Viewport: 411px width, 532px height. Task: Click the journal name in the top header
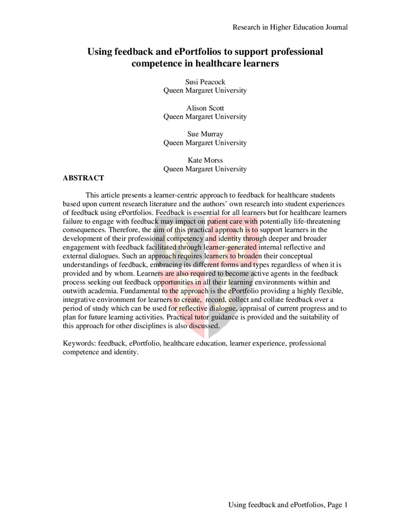point(290,27)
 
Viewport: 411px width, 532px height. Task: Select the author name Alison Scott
point(205,109)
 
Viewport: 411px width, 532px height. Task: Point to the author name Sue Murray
point(205,135)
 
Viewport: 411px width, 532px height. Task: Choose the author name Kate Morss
point(205,161)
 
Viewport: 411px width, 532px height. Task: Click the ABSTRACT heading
point(83,178)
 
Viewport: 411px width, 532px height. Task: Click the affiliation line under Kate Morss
point(205,169)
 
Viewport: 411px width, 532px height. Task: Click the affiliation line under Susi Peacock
point(205,91)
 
